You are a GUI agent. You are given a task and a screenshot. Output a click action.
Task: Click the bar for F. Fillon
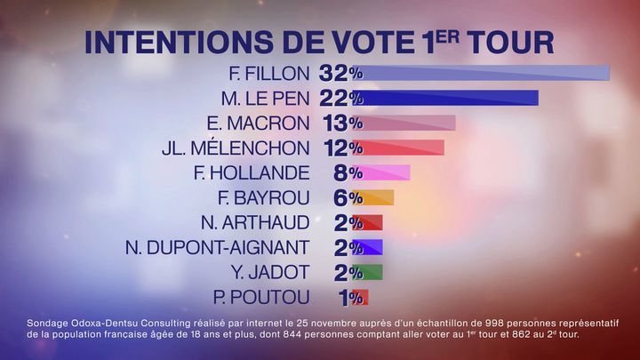click(x=484, y=73)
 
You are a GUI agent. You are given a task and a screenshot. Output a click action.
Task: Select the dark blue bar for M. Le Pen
click(x=450, y=98)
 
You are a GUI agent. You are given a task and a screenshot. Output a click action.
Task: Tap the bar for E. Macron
click(x=409, y=123)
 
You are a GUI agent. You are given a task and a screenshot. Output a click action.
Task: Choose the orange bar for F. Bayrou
click(x=378, y=197)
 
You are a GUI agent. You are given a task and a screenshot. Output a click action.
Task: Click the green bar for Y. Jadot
click(x=372, y=272)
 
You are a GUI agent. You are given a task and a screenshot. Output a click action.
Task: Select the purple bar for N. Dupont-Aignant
click(x=372, y=247)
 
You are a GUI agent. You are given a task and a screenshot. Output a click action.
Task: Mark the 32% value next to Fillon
click(x=340, y=73)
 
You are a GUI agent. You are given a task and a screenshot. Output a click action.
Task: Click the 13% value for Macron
click(x=340, y=123)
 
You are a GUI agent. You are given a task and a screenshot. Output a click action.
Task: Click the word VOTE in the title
click(x=347, y=42)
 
